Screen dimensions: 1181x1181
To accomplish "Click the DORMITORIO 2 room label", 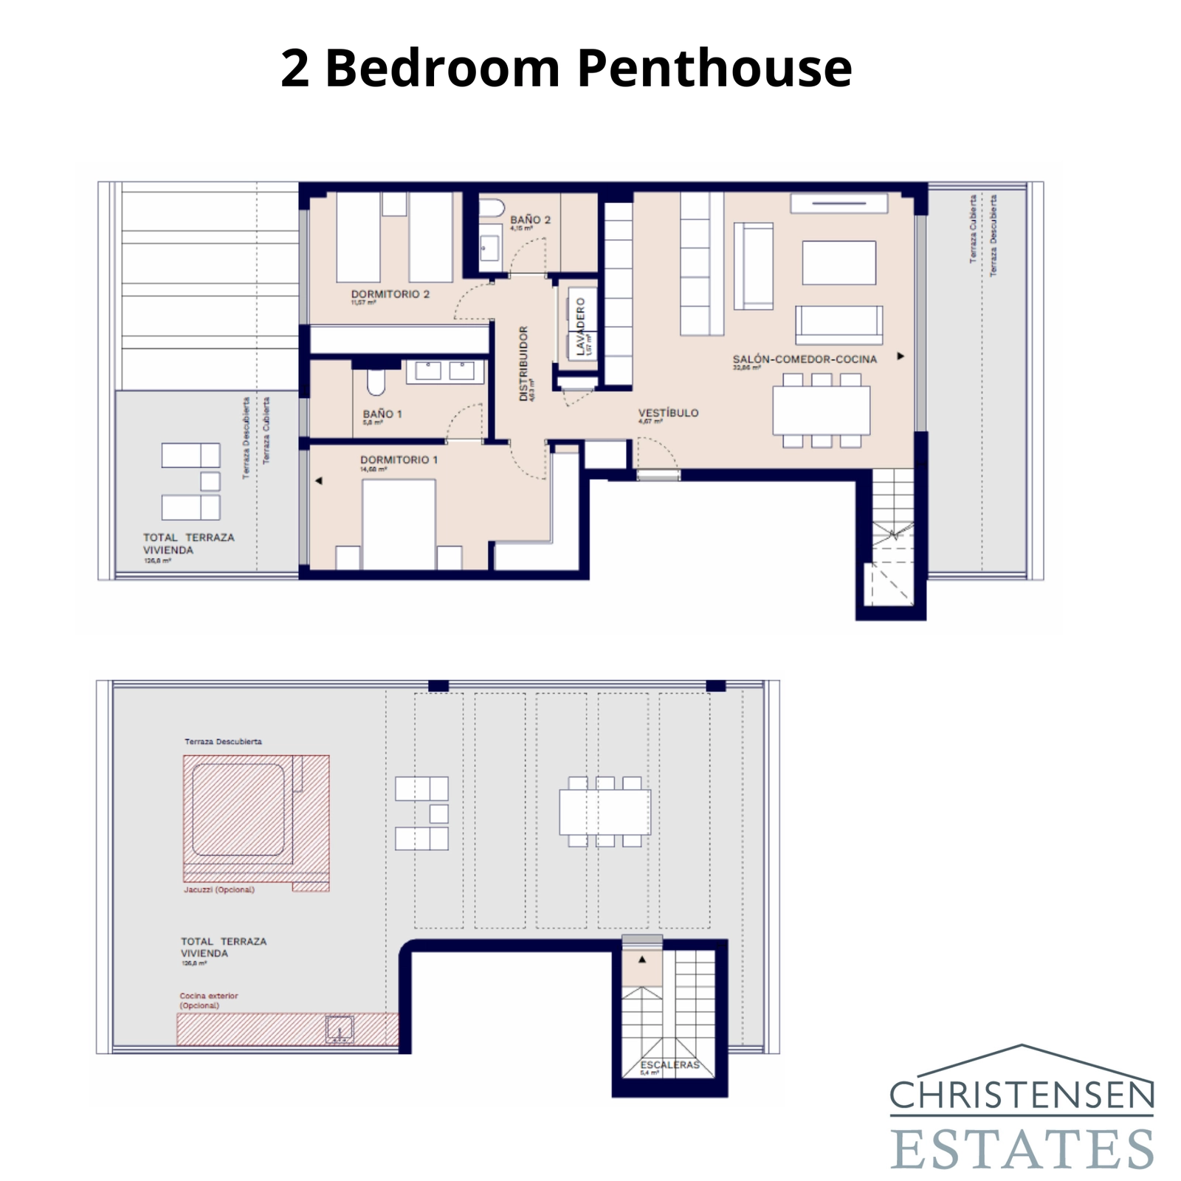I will (390, 294).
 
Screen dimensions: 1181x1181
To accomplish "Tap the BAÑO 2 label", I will (530, 220).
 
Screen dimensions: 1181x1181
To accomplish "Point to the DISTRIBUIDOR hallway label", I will (524, 363).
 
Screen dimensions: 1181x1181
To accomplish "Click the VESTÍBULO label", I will (668, 413).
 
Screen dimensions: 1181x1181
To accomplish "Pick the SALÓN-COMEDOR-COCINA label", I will (805, 359).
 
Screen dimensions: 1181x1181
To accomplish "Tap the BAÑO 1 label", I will (382, 414).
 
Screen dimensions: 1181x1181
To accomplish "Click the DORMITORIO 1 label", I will (399, 460).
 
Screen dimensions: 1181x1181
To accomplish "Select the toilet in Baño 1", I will (376, 382).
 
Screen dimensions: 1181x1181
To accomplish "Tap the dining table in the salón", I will (821, 410).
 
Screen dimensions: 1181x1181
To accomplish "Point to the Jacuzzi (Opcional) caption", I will (219, 889).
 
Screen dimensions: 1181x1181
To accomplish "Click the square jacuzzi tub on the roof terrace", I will (238, 810).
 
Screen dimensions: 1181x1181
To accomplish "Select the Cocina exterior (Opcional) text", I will (208, 1000).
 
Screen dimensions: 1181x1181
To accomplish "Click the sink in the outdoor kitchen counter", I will (340, 1029).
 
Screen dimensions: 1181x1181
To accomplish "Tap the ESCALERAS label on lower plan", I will (669, 1064).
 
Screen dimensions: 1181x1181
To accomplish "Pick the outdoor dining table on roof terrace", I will (605, 812).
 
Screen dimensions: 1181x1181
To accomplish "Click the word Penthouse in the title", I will (714, 68).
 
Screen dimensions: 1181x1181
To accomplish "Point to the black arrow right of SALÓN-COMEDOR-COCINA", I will (901, 357).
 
